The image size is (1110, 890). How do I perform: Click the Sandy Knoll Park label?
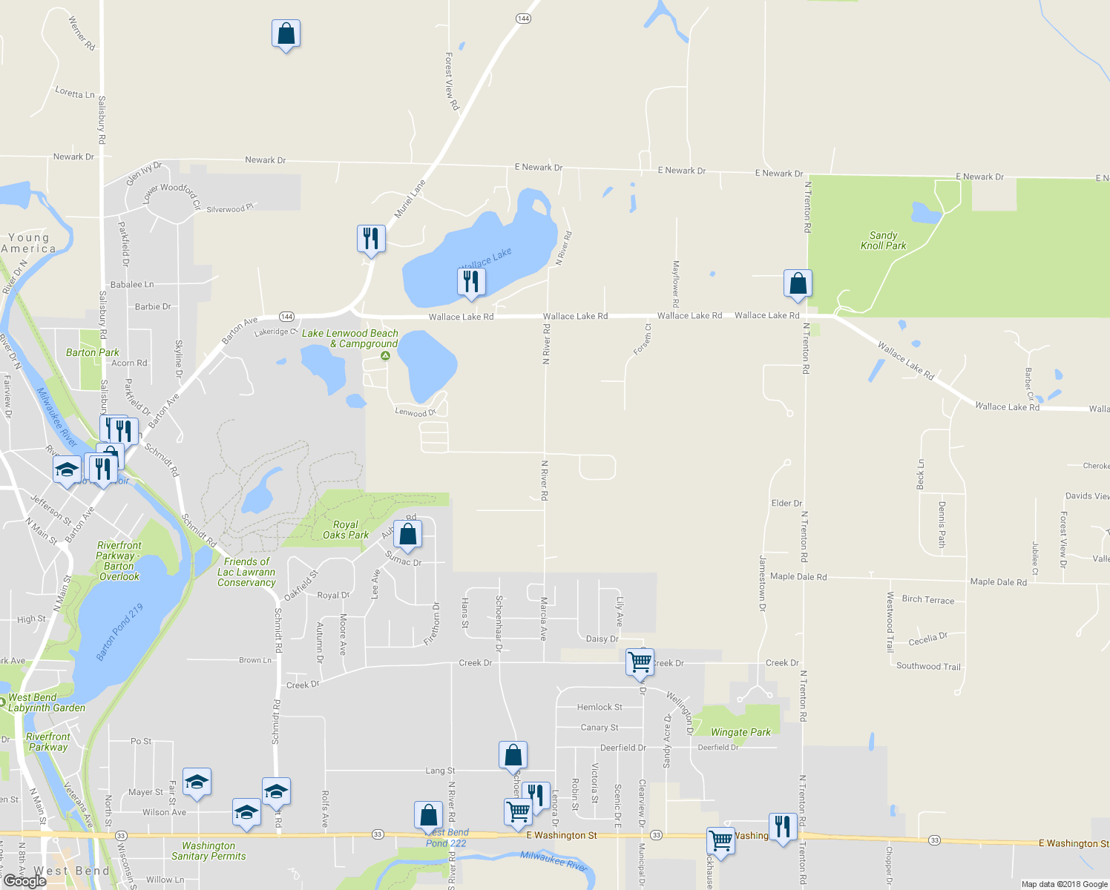(883, 240)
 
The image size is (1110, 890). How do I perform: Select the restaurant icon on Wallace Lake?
(471, 282)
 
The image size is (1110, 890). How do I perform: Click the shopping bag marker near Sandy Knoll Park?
(798, 283)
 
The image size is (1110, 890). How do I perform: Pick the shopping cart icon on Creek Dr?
(640, 662)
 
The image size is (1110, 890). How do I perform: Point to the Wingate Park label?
(740, 732)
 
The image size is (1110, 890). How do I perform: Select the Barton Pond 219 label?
(119, 632)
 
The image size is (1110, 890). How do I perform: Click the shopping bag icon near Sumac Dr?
(407, 534)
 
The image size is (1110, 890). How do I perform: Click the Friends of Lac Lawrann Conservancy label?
(246, 572)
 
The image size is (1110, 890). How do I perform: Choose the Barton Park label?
(93, 352)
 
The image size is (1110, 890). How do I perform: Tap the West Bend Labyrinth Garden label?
(46, 702)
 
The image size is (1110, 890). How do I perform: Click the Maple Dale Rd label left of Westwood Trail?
(798, 576)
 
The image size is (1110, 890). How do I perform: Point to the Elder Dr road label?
(786, 503)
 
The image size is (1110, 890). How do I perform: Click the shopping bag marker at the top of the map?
(286, 34)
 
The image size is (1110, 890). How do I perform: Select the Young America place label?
(28, 243)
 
